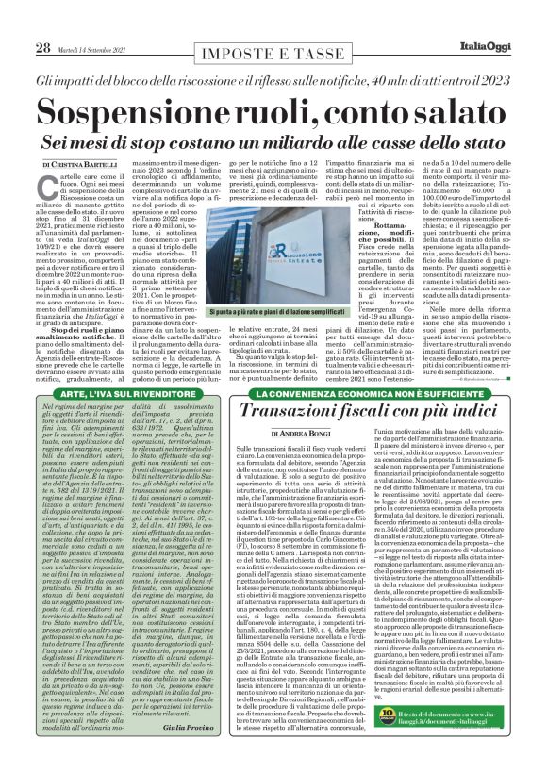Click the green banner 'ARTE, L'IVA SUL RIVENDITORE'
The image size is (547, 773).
click(x=112, y=389)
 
